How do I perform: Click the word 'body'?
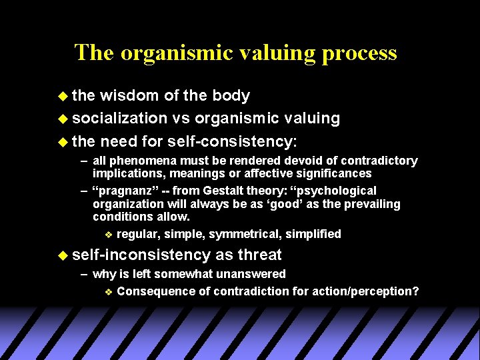(x=231, y=96)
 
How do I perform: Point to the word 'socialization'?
(x=119, y=119)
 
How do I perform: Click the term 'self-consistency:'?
(x=233, y=141)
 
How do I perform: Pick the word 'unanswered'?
(x=249, y=274)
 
